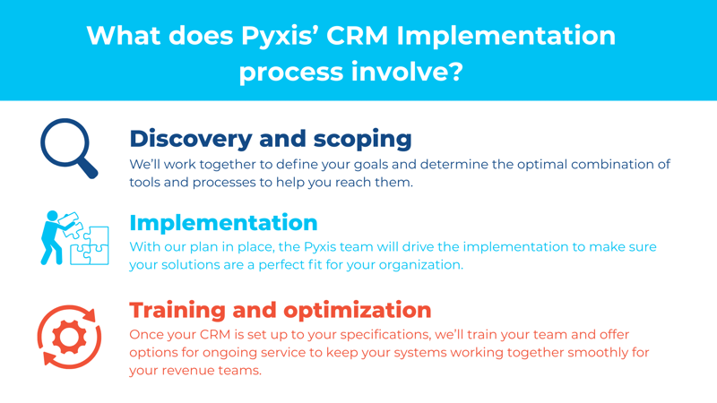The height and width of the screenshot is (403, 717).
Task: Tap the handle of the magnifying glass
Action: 88,169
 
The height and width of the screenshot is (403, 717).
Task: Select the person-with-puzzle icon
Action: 74,237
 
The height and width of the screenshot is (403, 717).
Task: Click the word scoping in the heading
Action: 360,139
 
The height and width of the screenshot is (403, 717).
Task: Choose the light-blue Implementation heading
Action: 223,221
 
